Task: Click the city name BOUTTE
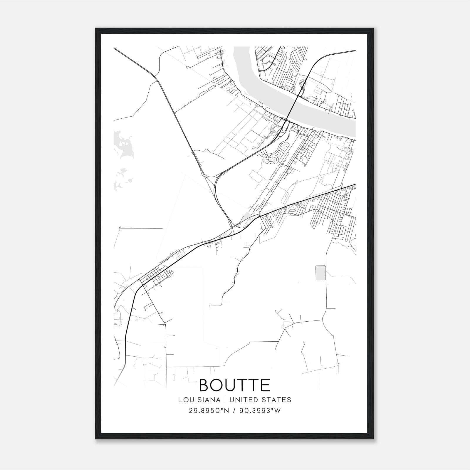click(235, 385)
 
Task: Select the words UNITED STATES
click(260, 400)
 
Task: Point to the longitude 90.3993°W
click(260, 410)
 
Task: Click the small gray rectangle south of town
click(320, 273)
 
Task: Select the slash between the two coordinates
click(234, 410)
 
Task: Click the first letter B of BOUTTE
click(205, 385)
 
